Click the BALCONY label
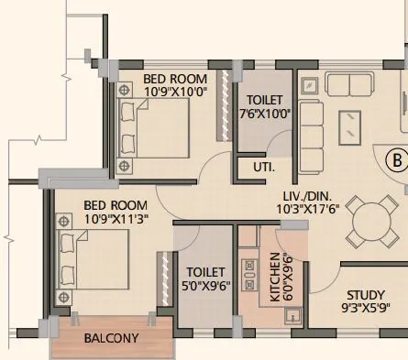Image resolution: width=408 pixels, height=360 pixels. pos(111,338)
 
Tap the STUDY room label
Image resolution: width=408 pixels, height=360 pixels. pos(364,295)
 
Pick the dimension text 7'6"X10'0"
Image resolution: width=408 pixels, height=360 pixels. pos(265,114)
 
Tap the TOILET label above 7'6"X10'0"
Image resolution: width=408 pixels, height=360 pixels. pos(265,100)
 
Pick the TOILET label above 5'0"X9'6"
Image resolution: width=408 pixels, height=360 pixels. pos(204,272)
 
